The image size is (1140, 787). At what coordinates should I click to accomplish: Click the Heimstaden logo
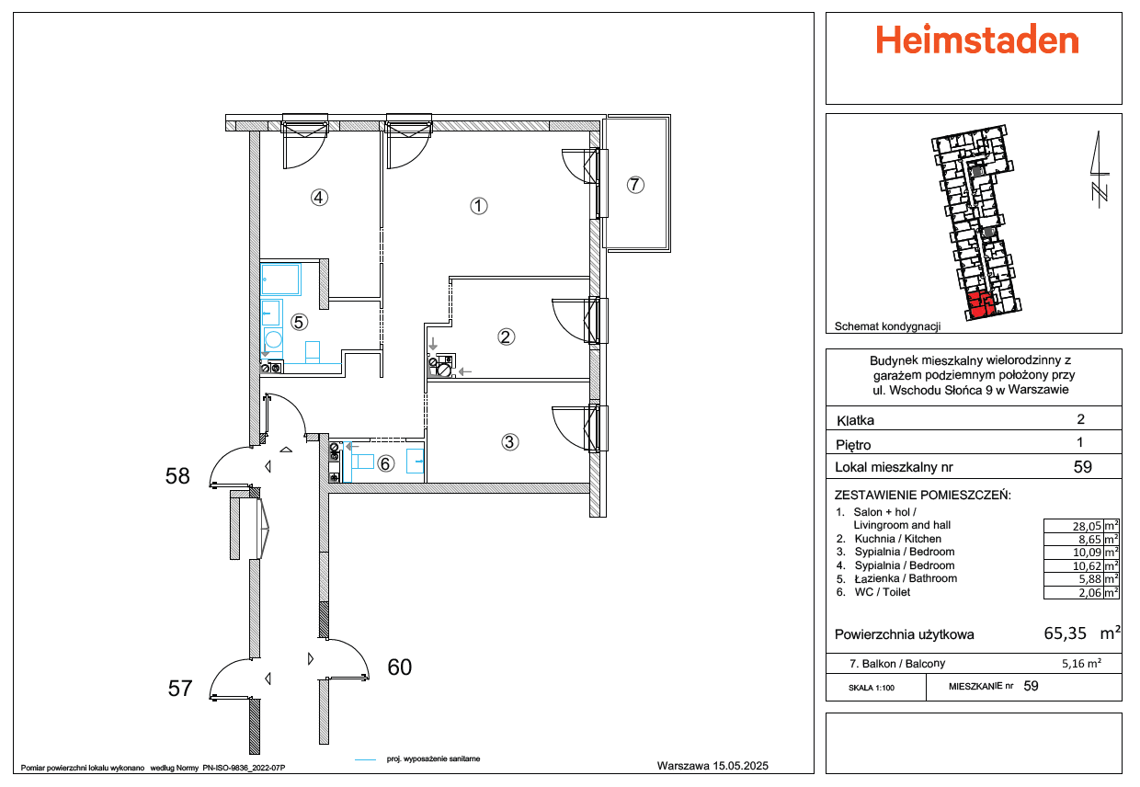coord(976,40)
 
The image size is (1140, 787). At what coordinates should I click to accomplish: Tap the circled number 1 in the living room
coord(478,206)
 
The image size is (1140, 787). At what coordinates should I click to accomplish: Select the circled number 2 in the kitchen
coord(506,337)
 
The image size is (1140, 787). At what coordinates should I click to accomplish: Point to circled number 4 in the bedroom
coord(319,198)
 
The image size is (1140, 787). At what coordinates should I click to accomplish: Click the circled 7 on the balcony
coord(635,185)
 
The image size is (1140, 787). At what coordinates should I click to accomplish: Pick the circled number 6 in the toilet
coord(386,463)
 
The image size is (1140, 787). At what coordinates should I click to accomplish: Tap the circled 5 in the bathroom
coord(299,322)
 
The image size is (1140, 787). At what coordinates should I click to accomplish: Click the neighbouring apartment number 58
coord(177,476)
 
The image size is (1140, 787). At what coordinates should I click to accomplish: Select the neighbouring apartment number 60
coord(400,667)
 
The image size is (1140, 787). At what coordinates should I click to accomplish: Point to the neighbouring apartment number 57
coord(180,689)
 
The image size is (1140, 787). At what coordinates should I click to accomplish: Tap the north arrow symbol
coord(1100,169)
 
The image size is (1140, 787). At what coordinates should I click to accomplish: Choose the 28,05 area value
coord(1087,527)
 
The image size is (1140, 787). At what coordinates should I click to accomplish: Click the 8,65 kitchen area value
coord(1090,540)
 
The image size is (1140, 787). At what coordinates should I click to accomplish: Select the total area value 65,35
coord(1066,633)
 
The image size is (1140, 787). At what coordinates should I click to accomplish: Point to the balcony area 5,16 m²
coord(1081,664)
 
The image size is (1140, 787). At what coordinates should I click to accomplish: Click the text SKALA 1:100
coord(872,688)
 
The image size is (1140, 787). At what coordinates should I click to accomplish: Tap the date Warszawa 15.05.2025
coord(712,766)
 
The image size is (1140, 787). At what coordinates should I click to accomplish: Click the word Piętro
coord(853,445)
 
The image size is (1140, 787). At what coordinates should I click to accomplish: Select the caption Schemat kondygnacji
coord(887,326)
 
